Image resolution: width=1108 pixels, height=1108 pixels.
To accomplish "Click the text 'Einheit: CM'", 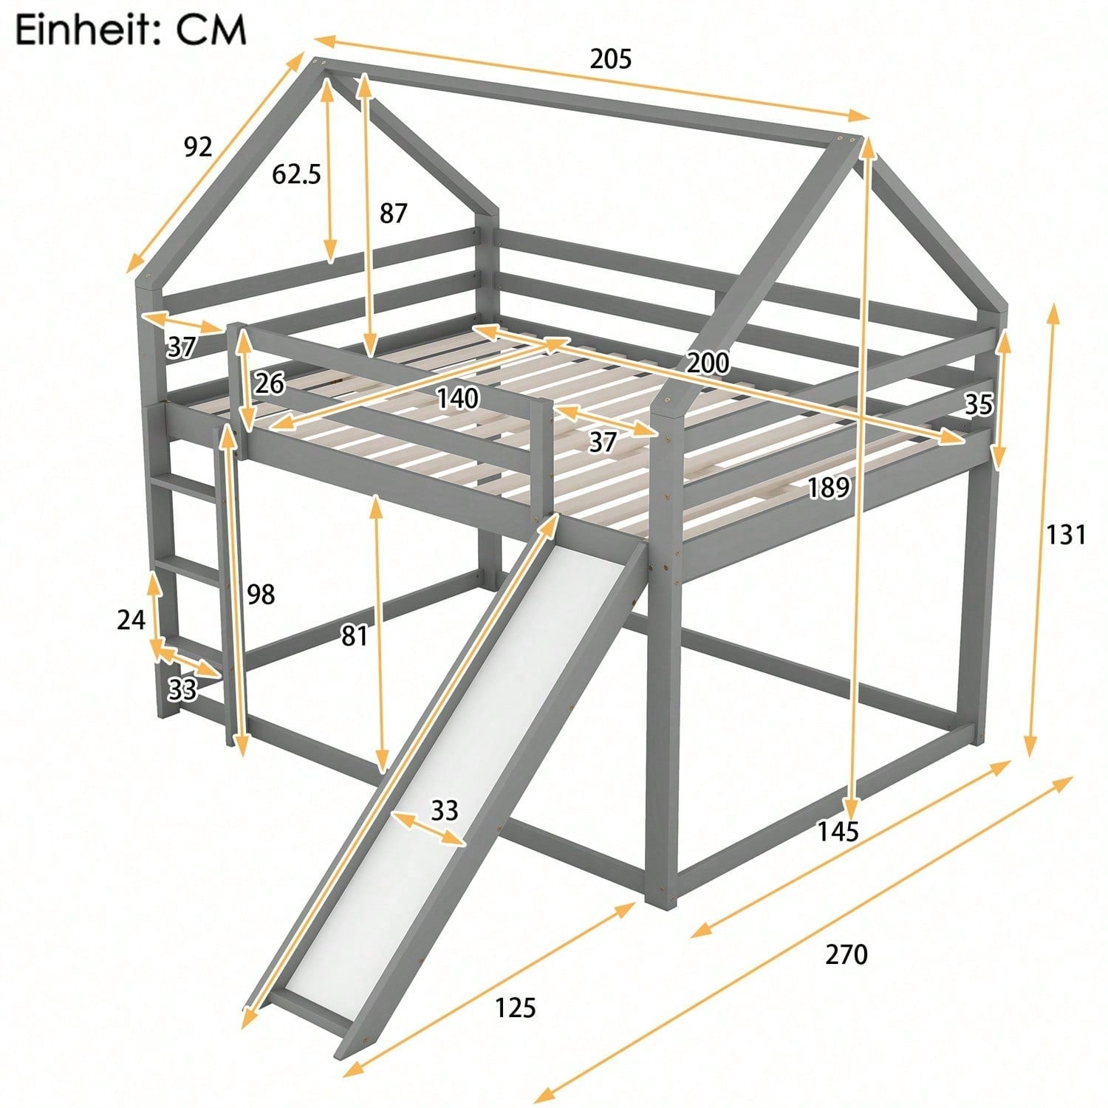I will (131, 30).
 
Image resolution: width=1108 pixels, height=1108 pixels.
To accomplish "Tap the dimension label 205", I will (610, 58).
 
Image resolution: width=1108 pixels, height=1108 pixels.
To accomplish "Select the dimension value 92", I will (197, 147).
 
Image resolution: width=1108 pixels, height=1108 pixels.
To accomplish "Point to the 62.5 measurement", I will (296, 174).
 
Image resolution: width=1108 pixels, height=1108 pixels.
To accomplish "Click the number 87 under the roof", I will (393, 213).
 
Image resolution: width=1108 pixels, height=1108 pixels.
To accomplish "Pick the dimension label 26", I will (270, 383).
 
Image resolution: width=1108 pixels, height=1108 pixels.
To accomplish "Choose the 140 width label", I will (458, 399).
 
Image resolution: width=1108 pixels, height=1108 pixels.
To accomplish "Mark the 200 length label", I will (708, 363).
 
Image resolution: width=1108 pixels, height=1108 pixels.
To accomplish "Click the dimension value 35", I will (979, 405).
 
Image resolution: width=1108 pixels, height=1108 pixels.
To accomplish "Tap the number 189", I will (827, 488).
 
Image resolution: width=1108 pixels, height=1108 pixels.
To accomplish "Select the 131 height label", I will (1065, 534).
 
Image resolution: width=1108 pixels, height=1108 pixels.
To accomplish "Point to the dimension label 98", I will (261, 594).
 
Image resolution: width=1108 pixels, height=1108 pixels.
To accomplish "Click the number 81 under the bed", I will (355, 635).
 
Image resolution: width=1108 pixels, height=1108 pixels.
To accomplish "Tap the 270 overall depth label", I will (846, 955).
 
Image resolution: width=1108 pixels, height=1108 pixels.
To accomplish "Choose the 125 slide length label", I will (515, 1007).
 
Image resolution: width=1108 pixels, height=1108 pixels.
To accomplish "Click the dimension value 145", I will (838, 832).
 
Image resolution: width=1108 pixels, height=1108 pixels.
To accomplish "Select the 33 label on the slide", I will (445, 810).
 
